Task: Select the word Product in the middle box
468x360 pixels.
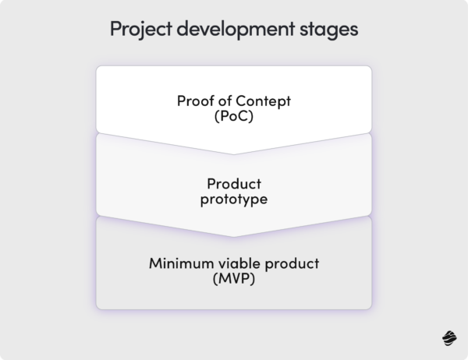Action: (234, 184)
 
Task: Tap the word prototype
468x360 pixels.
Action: (234, 199)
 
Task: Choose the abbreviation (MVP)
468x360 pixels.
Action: (234, 278)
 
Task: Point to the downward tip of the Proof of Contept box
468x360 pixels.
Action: (234, 153)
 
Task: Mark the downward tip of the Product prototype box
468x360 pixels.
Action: (234, 235)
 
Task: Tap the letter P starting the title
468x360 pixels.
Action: (115, 30)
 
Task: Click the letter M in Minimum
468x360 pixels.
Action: (154, 263)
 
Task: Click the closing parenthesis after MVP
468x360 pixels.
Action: (254, 278)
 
